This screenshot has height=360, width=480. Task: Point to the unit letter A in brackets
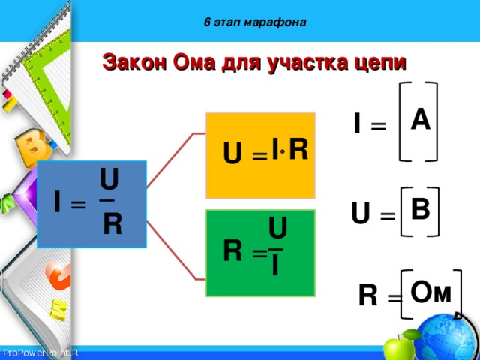(420, 119)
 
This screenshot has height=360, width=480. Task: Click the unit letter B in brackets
(420, 208)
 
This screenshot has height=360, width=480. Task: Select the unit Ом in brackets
(430, 292)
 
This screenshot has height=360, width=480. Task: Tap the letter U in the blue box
(109, 180)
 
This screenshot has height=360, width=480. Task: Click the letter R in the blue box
(112, 223)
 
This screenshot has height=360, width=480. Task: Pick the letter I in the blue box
(57, 201)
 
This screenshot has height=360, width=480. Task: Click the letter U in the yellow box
(232, 154)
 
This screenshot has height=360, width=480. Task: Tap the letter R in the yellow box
(298, 149)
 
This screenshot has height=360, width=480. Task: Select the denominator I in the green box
(275, 265)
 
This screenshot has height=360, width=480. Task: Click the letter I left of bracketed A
(358, 124)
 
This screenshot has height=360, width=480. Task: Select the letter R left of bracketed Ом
(367, 296)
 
